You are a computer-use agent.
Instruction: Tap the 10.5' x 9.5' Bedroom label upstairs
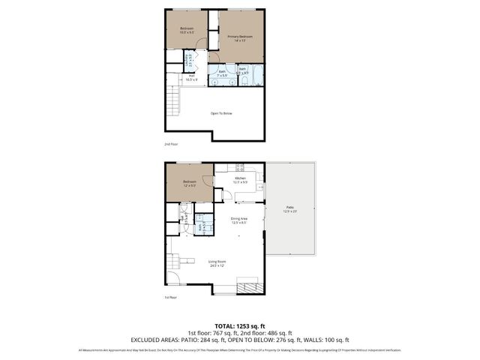187,31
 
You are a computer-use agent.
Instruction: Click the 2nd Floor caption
171,144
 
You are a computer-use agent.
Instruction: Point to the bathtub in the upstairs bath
255,77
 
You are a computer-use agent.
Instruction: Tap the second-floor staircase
173,101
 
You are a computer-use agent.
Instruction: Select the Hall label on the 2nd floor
191,76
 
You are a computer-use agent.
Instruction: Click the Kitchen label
240,179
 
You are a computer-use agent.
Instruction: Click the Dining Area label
239,220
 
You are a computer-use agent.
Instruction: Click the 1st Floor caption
171,298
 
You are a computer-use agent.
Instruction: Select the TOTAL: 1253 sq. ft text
239,325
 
